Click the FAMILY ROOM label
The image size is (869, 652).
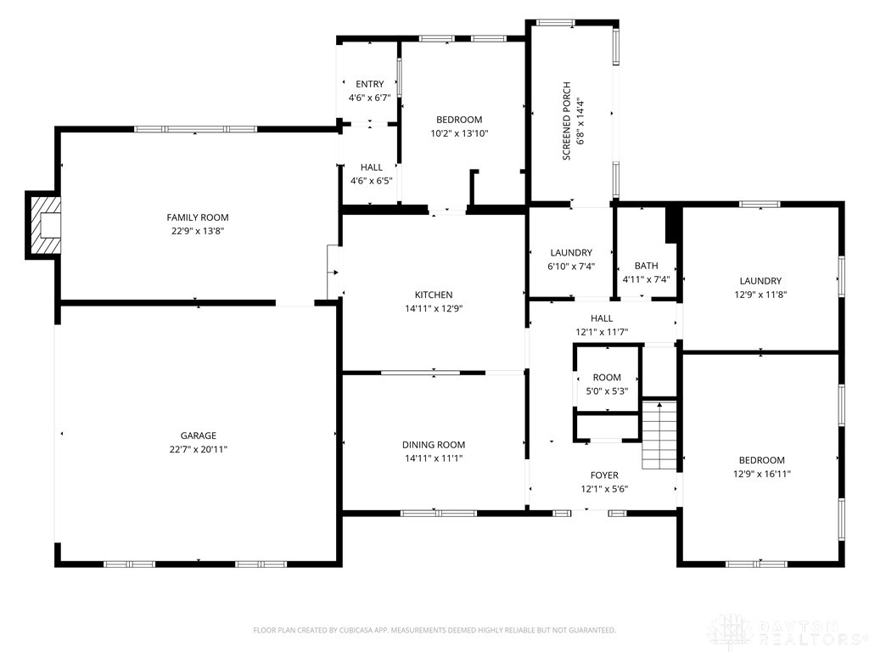coord(198,218)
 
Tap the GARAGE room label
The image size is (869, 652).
coord(198,436)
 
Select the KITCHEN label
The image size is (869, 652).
coord(434,295)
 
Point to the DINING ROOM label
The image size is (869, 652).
coord(434,445)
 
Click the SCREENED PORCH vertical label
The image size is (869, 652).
coord(566,121)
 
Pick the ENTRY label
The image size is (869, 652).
coord(370,84)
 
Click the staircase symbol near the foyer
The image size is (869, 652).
coord(659,436)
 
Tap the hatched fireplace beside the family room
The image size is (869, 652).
coord(43,225)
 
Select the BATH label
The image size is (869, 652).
coord(646,266)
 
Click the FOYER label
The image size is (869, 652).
coord(604,475)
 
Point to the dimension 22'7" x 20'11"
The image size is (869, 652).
coord(199,450)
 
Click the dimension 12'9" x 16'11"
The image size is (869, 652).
coord(761,474)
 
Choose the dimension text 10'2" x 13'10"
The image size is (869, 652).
coord(459,133)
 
